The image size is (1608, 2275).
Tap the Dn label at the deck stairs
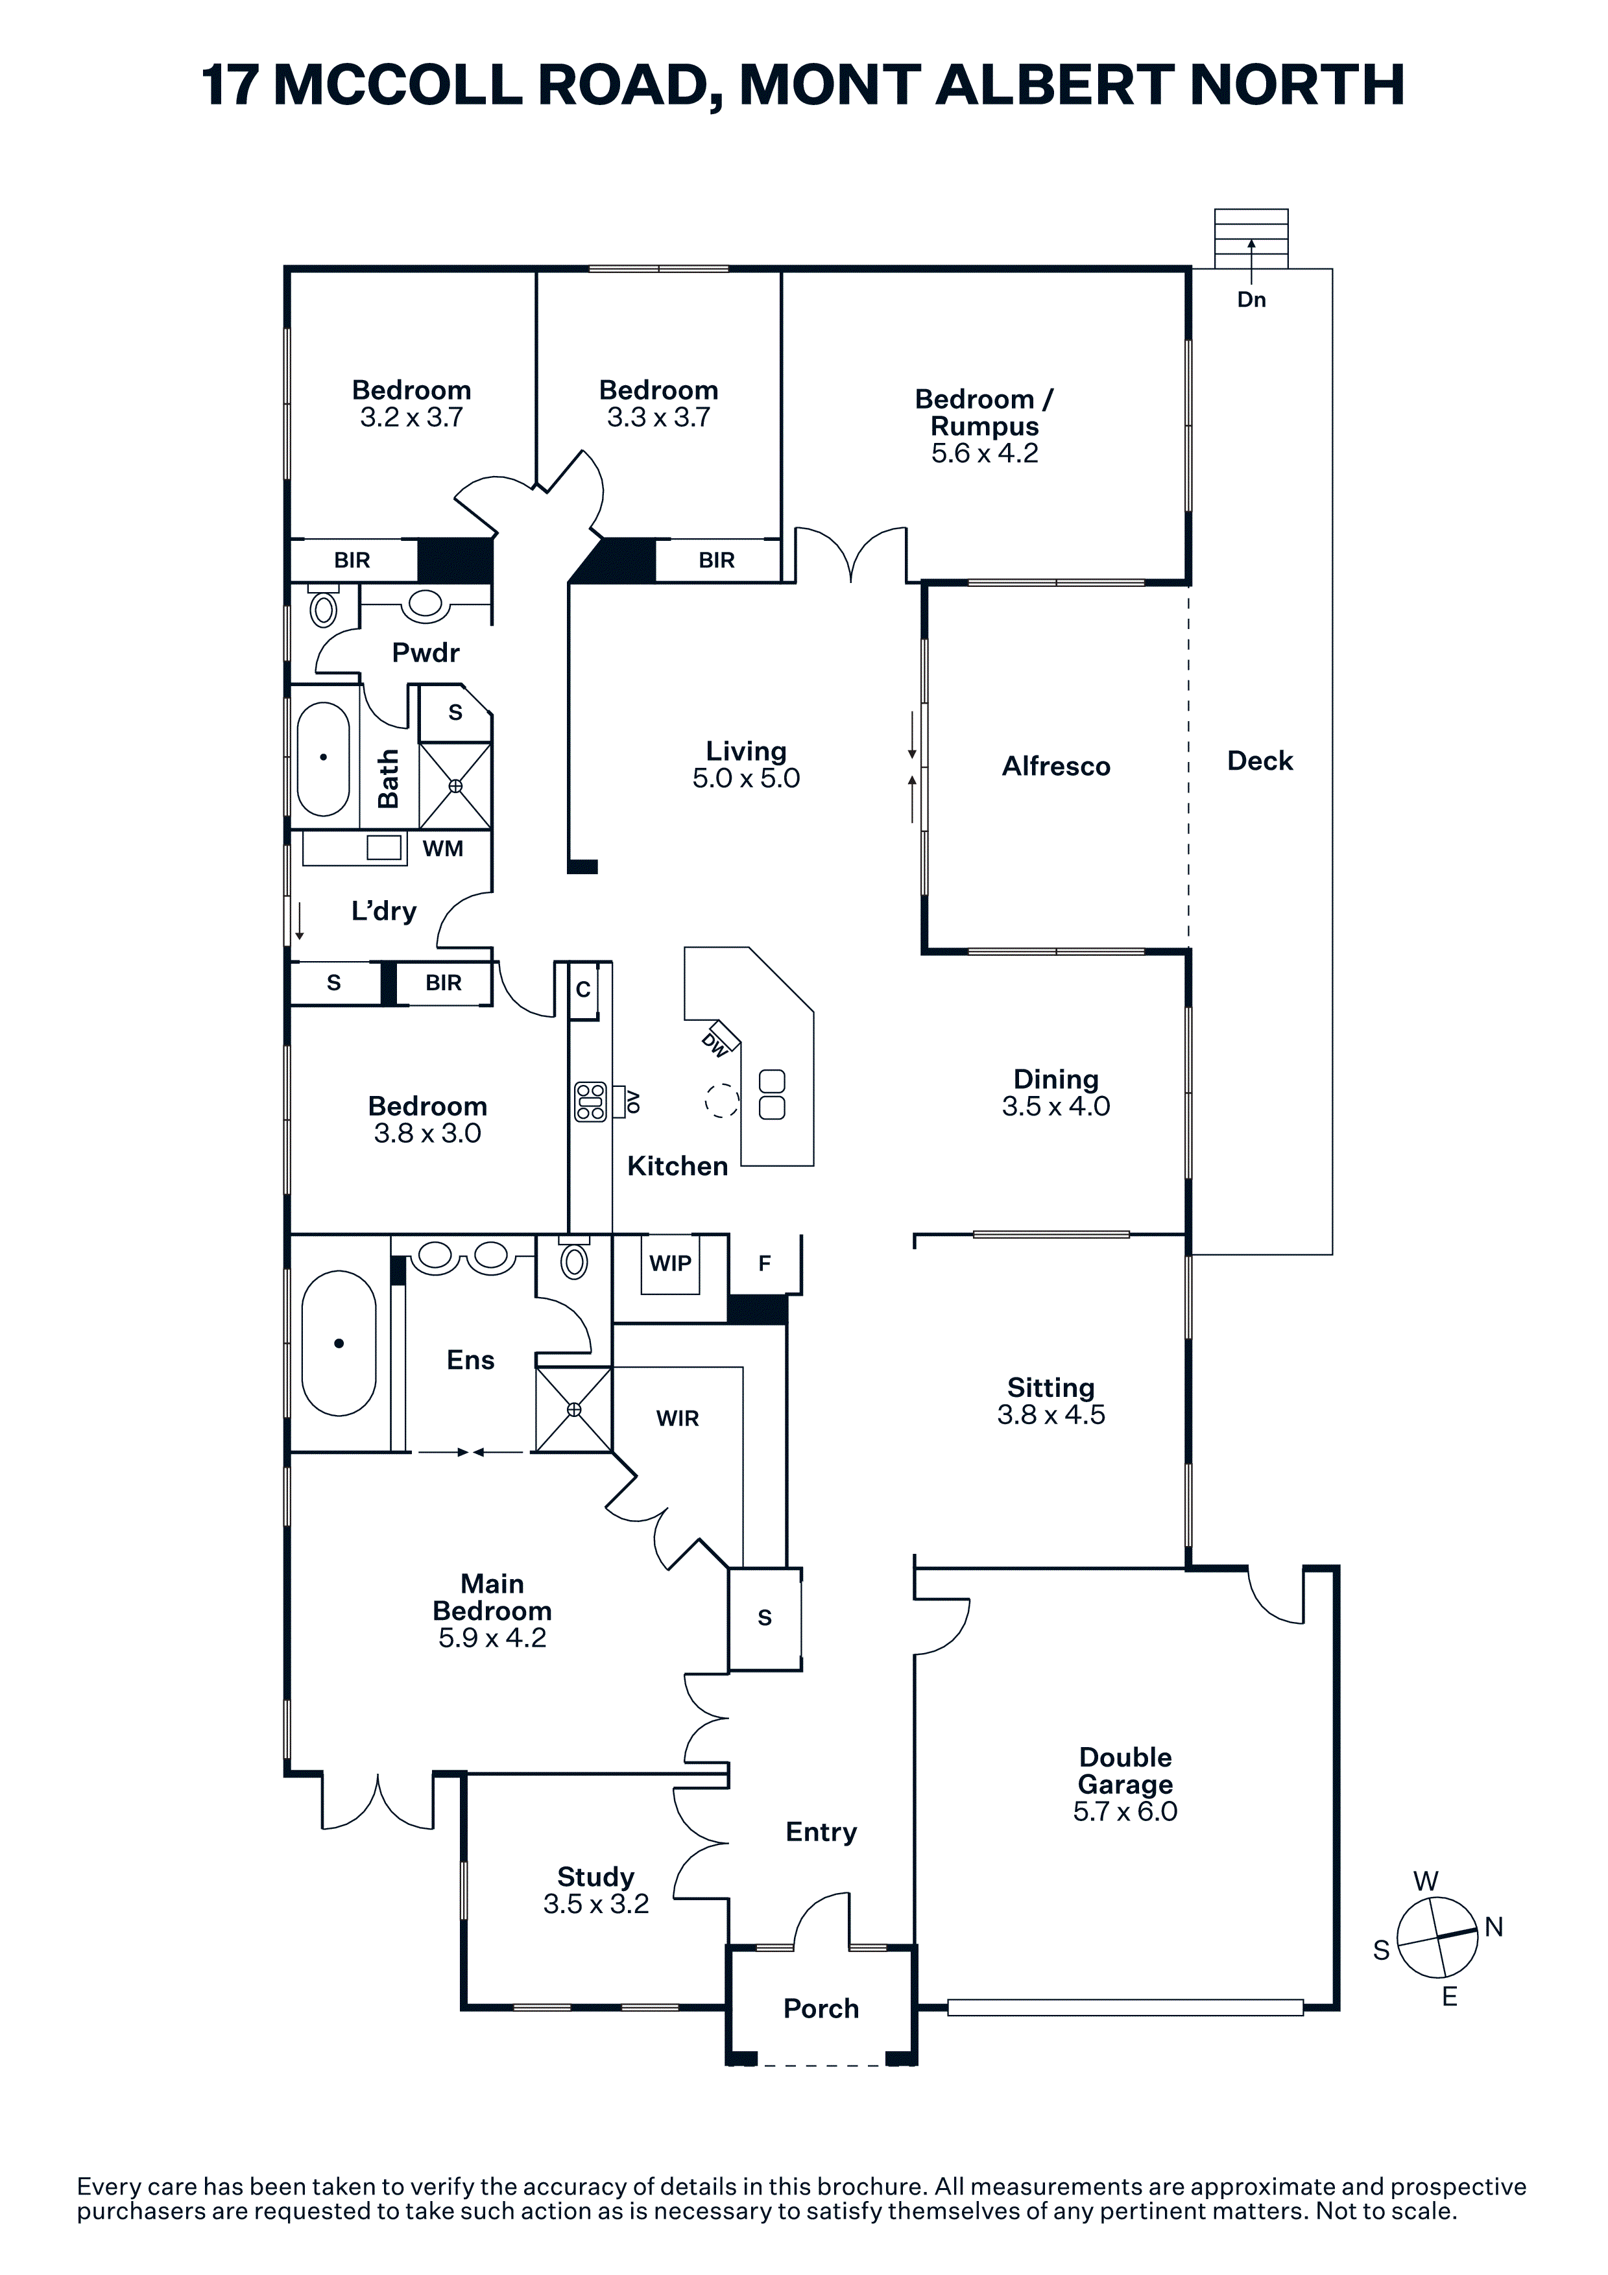(x=1251, y=299)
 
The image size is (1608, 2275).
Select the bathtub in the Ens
(x=339, y=1344)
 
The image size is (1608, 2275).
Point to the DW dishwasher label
(x=715, y=1043)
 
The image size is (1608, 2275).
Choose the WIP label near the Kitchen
(x=670, y=1263)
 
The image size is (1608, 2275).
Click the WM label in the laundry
(x=443, y=848)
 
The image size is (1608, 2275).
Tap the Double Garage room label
(x=1125, y=1770)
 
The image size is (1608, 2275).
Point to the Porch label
(x=821, y=2008)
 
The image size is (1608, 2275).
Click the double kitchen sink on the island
(x=772, y=1094)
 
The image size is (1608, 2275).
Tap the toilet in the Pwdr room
(x=324, y=606)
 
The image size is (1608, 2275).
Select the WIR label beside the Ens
(x=678, y=1419)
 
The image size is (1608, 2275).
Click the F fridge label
(x=764, y=1263)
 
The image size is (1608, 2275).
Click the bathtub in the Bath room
(x=323, y=758)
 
